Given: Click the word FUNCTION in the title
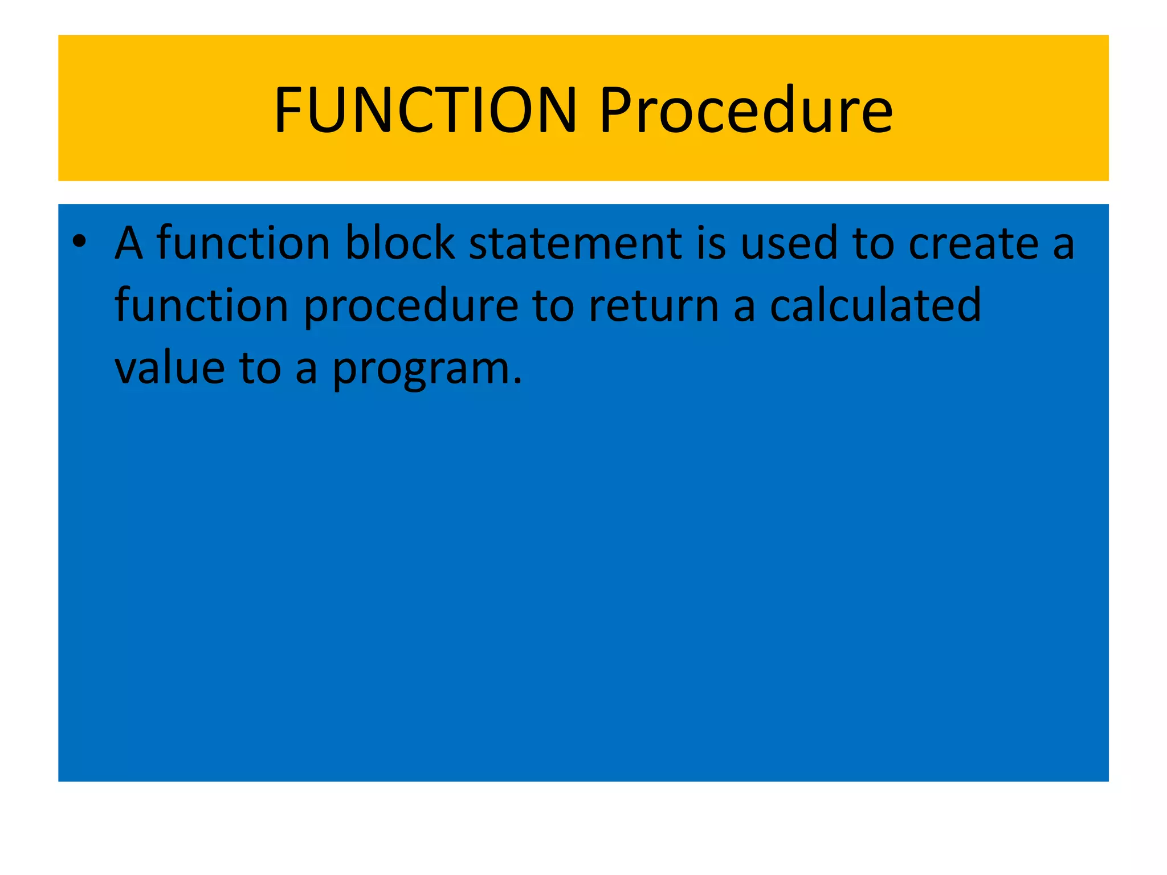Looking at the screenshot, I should click(425, 109).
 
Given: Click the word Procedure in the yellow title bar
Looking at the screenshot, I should click(745, 109).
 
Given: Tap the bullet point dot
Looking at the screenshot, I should click(79, 242).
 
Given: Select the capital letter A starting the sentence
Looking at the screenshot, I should click(129, 244).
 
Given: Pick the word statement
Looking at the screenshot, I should click(575, 244).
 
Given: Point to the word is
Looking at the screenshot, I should click(711, 244).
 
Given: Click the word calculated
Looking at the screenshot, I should click(875, 306).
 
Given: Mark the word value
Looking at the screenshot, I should click(170, 369).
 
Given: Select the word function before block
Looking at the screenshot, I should click(243, 244).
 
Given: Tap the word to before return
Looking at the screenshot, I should click(553, 306).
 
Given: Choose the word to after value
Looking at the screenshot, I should click(260, 369).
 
